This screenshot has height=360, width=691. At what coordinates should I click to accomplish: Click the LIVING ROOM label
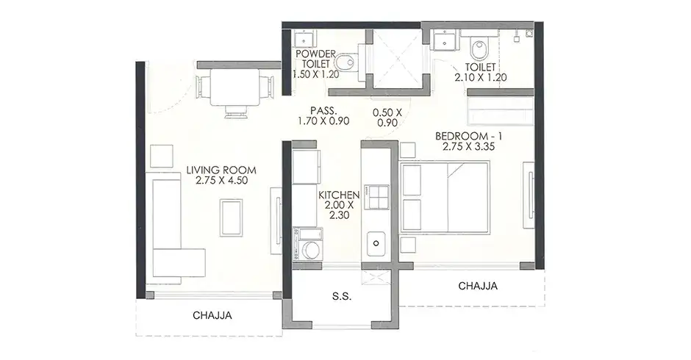pos(221,170)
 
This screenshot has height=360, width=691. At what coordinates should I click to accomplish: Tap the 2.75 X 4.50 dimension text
pos(221,180)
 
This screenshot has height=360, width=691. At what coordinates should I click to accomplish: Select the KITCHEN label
pos(340,195)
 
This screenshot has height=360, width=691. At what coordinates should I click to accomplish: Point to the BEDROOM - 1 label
pos(468,136)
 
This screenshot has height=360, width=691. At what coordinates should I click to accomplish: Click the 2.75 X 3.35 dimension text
pos(468,147)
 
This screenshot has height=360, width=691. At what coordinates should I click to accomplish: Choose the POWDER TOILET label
pos(315,59)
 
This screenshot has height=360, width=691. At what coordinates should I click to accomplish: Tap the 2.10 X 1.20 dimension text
pos(480,78)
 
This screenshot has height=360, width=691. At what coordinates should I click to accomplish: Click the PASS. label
pos(323,111)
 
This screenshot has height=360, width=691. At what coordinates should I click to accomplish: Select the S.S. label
pos(342,297)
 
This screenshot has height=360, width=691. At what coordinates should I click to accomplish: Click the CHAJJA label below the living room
pos(212,315)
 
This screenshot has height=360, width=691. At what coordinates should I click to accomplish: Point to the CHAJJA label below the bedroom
pos(478,286)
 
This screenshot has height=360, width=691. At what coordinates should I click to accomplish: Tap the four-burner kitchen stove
pos(377,197)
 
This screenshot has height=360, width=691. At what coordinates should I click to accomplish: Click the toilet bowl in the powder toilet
pos(347,62)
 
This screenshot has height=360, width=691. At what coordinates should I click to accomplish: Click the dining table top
pos(234,87)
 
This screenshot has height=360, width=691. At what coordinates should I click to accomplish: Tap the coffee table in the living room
pos(232,217)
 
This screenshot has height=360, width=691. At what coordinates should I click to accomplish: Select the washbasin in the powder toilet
pos(304,38)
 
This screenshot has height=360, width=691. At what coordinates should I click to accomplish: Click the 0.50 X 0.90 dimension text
pos(387,118)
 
